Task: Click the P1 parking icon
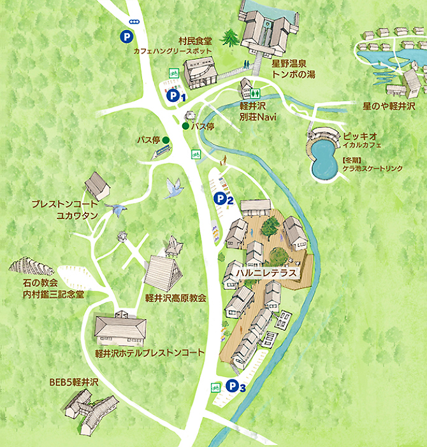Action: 173,96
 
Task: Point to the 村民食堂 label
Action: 195,39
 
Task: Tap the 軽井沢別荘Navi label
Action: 256,113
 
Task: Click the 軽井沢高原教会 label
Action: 175,297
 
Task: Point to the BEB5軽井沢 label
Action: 74,382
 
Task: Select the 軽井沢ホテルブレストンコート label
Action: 149,352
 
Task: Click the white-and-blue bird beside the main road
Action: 173,187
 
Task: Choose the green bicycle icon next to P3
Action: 215,387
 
